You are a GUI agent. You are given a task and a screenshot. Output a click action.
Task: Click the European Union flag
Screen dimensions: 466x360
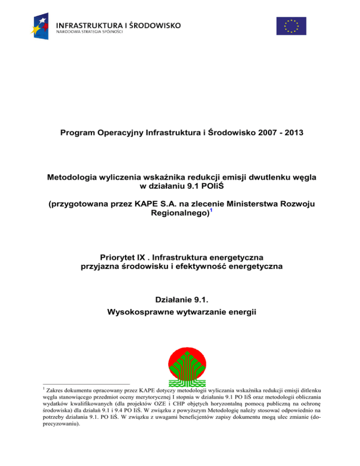tap(291, 26)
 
